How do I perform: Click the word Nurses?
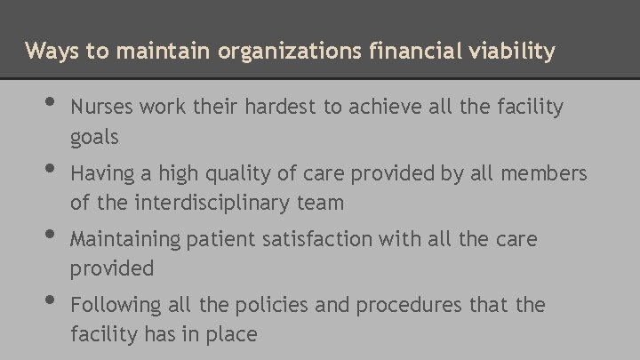[x=99, y=108]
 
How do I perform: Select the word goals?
[x=94, y=137]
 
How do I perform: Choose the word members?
[x=545, y=173]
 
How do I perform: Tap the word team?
[x=320, y=203]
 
